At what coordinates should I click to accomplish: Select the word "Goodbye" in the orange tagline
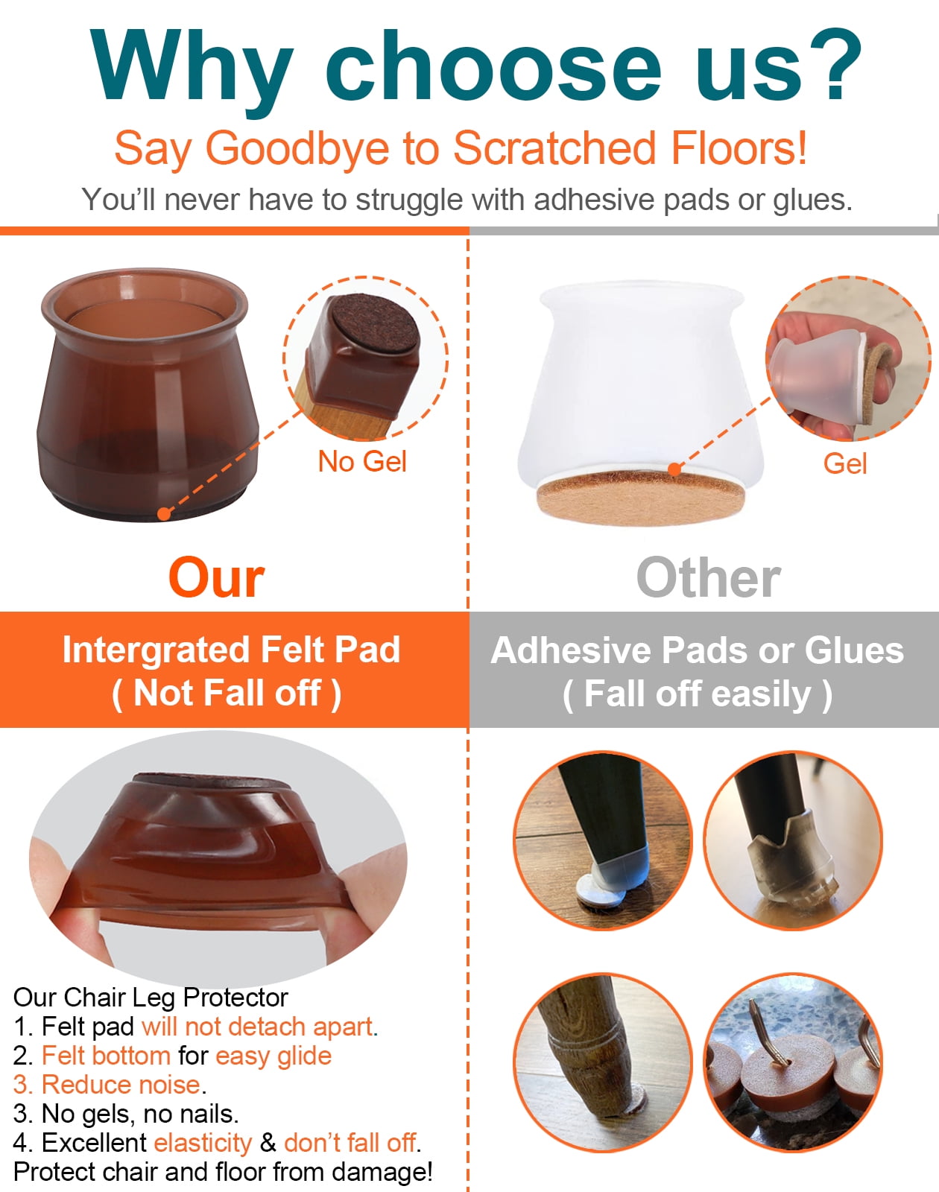[297, 148]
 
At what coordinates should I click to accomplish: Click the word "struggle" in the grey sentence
[408, 200]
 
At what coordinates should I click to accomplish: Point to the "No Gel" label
[362, 461]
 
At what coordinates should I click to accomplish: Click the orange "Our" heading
[217, 577]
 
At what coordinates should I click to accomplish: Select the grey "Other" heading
[709, 577]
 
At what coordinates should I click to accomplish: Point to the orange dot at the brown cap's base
[164, 514]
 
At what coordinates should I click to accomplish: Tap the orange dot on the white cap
[674, 469]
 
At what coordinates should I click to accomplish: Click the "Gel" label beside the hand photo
[845, 463]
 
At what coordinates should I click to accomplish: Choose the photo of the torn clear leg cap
[793, 840]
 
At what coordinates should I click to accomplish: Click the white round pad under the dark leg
[601, 888]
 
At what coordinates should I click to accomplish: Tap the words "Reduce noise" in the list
[121, 1085]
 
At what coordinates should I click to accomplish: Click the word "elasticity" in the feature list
[203, 1143]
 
